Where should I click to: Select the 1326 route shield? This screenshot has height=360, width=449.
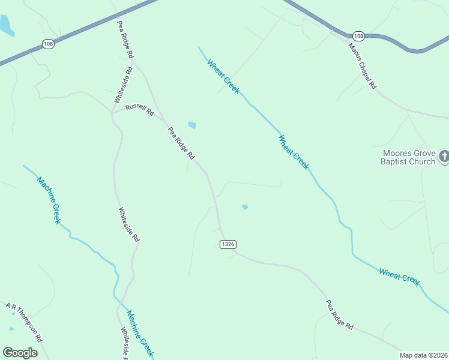click(x=228, y=244)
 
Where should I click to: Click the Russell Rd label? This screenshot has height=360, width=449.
click(x=139, y=110)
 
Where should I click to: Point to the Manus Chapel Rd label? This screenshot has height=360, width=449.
click(x=363, y=66)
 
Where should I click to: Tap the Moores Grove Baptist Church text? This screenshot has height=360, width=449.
click(x=408, y=157)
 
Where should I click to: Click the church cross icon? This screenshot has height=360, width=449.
click(x=444, y=157)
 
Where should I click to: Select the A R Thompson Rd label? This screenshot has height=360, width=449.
click(x=24, y=322)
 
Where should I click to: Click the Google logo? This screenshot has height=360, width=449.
click(x=20, y=352)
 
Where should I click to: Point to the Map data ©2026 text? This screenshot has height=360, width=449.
click(x=423, y=355)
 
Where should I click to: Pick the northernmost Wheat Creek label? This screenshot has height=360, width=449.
click(x=223, y=76)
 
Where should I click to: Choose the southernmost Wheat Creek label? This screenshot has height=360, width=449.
click(x=399, y=277)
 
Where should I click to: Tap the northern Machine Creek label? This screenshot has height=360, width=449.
click(x=49, y=200)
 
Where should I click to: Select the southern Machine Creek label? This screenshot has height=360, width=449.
click(x=140, y=333)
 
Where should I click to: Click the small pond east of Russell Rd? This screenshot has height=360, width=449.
click(x=191, y=125)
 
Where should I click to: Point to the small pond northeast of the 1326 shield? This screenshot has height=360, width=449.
click(x=245, y=207)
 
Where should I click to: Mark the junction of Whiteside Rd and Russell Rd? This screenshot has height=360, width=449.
click(x=112, y=112)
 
